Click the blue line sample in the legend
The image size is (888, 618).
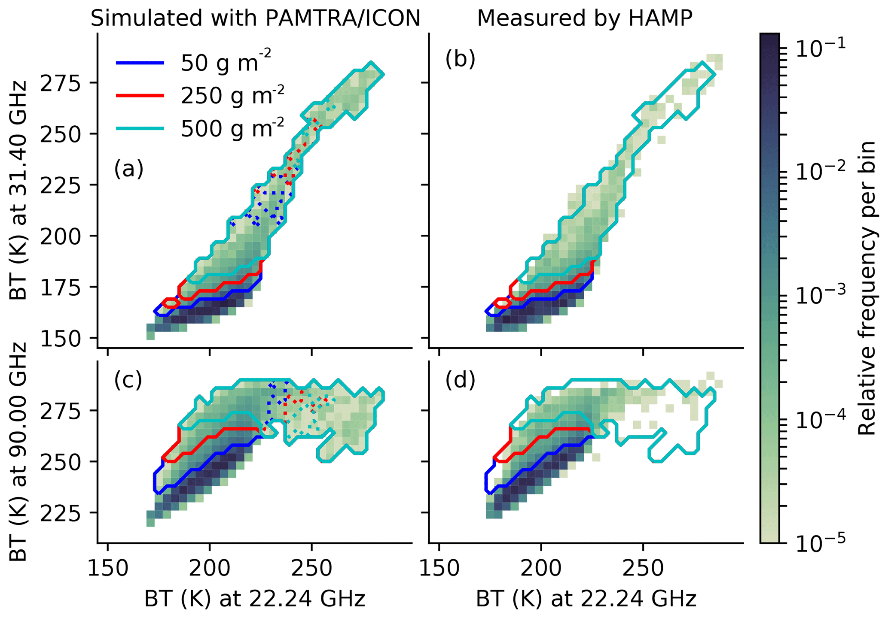pos(140,63)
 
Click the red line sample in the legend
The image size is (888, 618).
pos(140,96)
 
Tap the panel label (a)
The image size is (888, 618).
pos(128,169)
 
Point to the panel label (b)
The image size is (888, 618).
pos(460,59)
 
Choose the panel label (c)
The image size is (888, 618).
pos(128,380)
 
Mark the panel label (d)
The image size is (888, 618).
pos(460,380)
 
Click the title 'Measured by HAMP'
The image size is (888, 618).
pos(585,18)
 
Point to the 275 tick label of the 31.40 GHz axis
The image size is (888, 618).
pos(60,83)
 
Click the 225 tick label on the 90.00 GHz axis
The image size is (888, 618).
pos(60,513)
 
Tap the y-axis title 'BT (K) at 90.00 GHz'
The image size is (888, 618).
pos(18,452)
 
